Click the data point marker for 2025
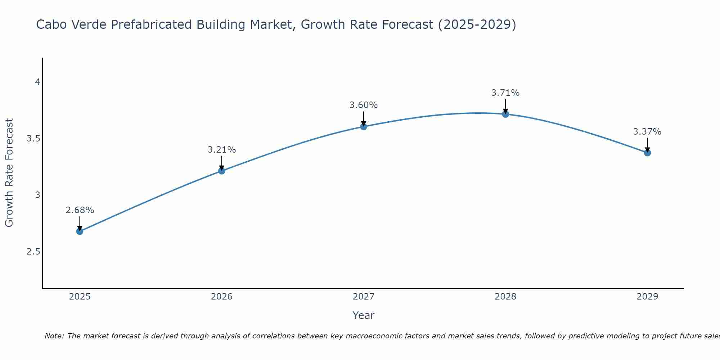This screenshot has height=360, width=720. [x=80, y=231]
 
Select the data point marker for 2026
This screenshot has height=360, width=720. [x=222, y=171]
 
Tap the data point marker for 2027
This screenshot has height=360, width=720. [x=364, y=126]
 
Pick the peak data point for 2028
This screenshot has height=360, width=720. [x=505, y=114]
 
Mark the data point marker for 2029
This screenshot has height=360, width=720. [x=647, y=153]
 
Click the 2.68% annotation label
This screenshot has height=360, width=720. [x=80, y=210]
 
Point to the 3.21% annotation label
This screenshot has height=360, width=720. [x=222, y=150]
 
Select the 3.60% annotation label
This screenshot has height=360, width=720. [x=364, y=105]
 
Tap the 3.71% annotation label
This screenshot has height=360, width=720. [x=505, y=93]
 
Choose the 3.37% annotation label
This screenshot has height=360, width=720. [x=647, y=132]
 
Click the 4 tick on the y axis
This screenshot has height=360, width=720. [x=37, y=82]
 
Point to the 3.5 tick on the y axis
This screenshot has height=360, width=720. [x=33, y=139]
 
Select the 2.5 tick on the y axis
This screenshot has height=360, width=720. [x=33, y=251]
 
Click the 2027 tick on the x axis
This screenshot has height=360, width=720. [x=364, y=297]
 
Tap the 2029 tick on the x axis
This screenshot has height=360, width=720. [x=647, y=297]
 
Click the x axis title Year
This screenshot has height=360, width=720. [x=364, y=315]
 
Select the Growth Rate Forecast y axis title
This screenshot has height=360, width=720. [x=9, y=172]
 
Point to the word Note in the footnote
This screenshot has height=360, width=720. [x=53, y=336]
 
